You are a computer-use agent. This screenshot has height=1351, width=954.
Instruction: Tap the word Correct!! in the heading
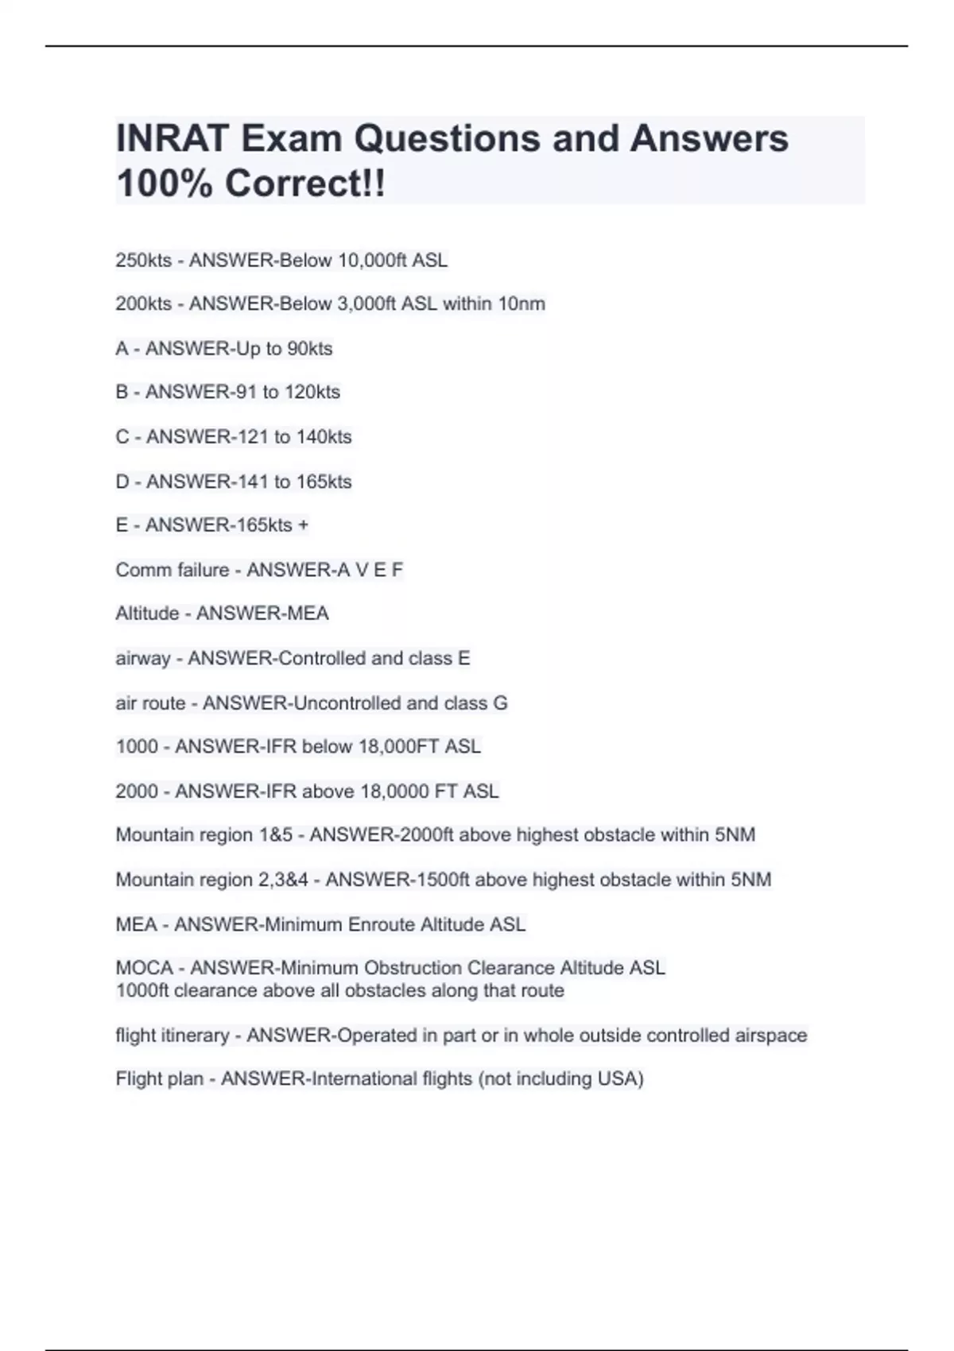(305, 184)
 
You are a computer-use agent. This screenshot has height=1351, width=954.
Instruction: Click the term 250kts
(143, 261)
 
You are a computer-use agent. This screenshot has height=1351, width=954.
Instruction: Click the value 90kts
(309, 349)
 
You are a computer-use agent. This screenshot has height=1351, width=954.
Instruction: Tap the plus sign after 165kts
(303, 525)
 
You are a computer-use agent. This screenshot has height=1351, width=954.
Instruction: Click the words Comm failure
(172, 570)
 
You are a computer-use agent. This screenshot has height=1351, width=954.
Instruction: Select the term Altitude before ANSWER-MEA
(147, 614)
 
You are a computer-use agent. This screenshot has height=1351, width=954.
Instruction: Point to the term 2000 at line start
(137, 792)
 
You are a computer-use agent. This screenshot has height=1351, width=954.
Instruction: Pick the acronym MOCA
(144, 968)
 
